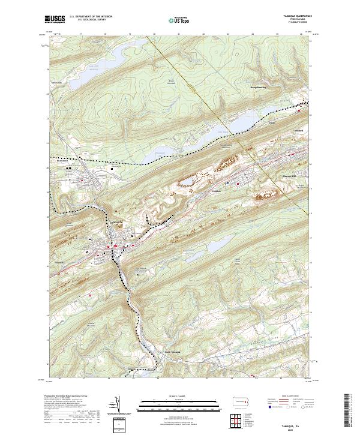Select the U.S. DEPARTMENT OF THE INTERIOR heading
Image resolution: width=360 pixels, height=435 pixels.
pos(91,17)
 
